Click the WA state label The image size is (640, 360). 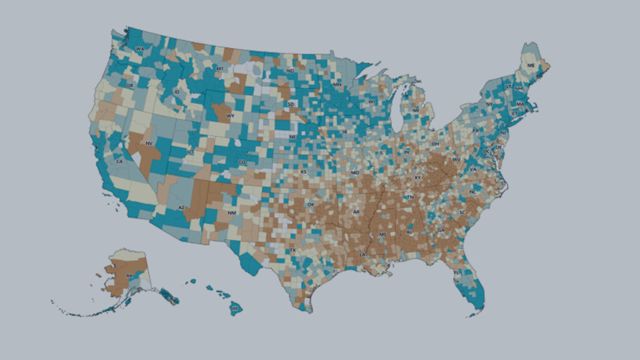[140, 49]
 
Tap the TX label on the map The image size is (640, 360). [292, 251]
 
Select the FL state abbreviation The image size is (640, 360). [456, 273]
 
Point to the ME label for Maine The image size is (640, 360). [531, 65]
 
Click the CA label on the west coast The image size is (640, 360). [119, 161]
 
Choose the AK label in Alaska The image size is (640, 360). [129, 276]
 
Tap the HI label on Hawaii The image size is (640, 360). [235, 308]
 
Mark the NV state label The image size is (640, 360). [149, 143]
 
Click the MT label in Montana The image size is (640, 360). [220, 67]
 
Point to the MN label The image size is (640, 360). [337, 84]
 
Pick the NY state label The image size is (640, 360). [489, 103]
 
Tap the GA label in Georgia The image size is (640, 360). [441, 231]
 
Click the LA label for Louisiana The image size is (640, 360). [362, 255]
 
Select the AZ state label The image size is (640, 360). [181, 207]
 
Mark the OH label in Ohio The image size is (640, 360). [436, 144]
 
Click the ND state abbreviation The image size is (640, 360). [290, 71]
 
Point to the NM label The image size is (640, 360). [232, 213]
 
